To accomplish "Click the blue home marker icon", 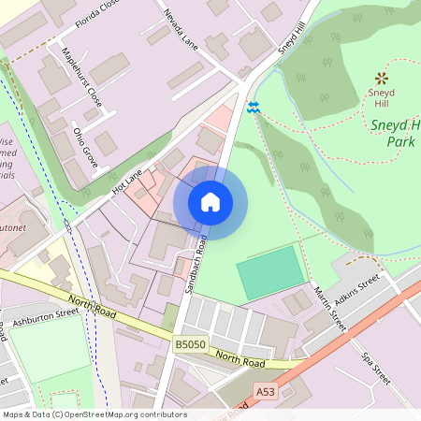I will (x=210, y=201).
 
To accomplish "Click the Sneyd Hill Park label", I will (x=393, y=132).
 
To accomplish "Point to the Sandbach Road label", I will (x=196, y=266).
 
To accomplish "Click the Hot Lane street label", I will (x=126, y=181).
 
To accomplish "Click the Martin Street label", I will (x=329, y=310).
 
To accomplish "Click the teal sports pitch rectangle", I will (x=271, y=272).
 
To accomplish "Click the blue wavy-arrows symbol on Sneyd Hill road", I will (x=253, y=108).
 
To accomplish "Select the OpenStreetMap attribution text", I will (x=94, y=414).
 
